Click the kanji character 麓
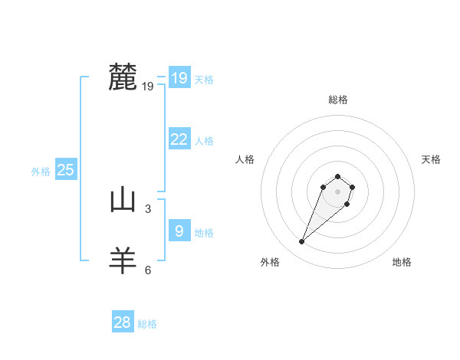point(123,77)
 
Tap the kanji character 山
point(123,201)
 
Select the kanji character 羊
point(123,260)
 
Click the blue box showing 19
point(179,78)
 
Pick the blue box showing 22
point(179,139)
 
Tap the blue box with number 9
point(179,231)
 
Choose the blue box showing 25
point(66,170)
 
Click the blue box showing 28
point(123,322)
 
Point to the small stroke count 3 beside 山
point(148,208)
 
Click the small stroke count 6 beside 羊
point(148,270)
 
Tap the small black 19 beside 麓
point(148,87)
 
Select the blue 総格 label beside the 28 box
point(147,324)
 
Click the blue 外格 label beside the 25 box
point(41,172)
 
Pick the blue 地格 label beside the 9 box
point(204,233)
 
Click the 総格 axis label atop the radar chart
point(338,100)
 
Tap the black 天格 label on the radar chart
point(431,159)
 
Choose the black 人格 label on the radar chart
point(245,159)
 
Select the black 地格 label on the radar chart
point(402,262)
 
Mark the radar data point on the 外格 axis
point(302,242)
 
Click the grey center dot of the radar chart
point(338,191)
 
